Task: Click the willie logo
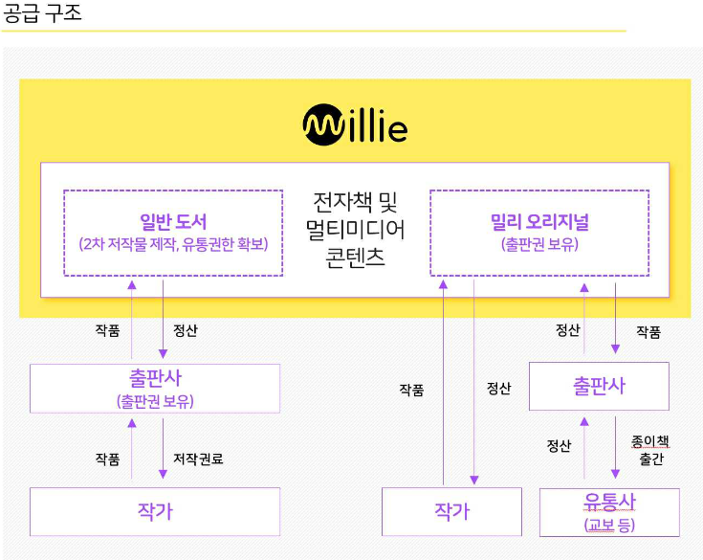(355, 125)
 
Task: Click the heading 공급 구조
(43, 14)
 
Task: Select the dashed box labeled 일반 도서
(173, 233)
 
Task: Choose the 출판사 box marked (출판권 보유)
(155, 388)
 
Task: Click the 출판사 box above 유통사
(599, 386)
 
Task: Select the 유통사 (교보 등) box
(609, 512)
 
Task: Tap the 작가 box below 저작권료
(155, 511)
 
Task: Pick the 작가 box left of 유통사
(451, 511)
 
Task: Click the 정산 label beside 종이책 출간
(559, 445)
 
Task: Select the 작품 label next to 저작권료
(107, 459)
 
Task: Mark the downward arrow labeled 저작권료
(163, 448)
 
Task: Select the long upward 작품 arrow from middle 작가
(443, 383)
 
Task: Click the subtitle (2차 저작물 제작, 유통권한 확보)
(173, 244)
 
